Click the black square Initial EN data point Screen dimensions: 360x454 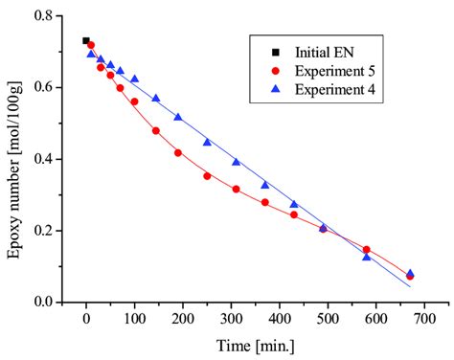point(86,41)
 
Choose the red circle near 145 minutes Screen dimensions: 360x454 point(156,131)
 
